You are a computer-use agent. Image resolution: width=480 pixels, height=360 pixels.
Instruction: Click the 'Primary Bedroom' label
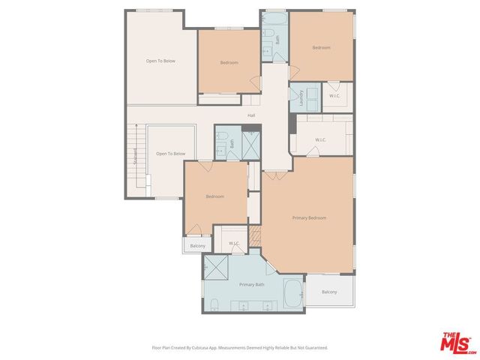tap(309, 217)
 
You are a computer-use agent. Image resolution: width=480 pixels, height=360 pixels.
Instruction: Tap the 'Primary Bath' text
tap(252, 285)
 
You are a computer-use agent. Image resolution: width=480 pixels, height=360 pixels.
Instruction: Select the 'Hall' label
tap(252, 115)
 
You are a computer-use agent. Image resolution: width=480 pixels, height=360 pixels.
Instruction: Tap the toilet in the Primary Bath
tap(214, 304)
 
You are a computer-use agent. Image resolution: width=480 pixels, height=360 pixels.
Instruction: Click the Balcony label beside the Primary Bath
tap(329, 292)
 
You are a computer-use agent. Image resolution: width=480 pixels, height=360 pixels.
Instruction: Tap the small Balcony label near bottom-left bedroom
tap(197, 246)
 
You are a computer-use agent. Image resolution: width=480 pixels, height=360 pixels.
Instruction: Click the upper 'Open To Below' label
tap(160, 61)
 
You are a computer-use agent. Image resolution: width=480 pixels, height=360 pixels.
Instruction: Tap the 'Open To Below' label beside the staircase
tap(170, 154)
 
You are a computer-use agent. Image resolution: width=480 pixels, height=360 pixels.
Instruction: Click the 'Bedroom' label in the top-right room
tap(321, 47)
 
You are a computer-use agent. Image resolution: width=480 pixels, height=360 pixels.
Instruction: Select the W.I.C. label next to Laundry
tap(334, 95)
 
